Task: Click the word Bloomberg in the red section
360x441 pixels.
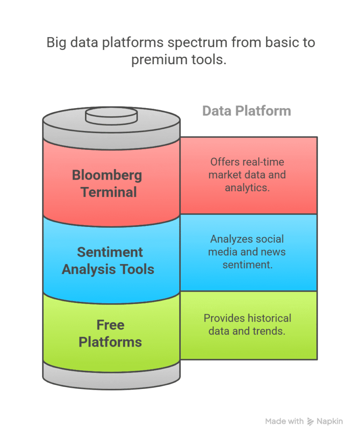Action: (x=107, y=175)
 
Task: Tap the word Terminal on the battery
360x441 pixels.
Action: (x=109, y=192)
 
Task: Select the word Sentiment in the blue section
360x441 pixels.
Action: (x=110, y=252)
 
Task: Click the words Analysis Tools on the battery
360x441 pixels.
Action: (x=108, y=269)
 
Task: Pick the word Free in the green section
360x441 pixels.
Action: (x=110, y=325)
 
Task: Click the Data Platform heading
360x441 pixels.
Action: (x=247, y=111)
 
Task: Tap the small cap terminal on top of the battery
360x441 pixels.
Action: (x=111, y=115)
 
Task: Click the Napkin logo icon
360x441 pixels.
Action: (x=310, y=422)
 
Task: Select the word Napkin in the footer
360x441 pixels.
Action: (x=330, y=421)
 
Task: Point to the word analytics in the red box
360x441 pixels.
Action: (x=247, y=188)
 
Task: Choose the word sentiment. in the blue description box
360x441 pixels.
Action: (x=247, y=264)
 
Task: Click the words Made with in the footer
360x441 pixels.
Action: (x=284, y=421)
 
